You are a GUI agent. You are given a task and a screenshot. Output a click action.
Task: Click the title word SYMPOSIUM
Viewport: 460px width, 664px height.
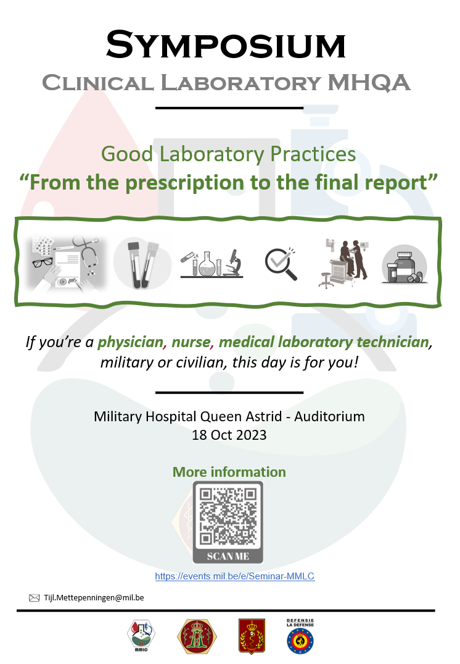coord(226,45)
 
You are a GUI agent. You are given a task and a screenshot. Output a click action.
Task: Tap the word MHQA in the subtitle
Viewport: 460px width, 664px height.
coord(369,83)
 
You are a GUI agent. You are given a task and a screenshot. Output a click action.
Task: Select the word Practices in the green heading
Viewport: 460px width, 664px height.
coord(313,154)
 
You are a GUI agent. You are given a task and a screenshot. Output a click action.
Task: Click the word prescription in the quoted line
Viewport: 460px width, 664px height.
coord(186,183)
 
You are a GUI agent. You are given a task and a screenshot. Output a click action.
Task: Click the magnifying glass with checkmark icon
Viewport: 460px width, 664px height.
coord(281,264)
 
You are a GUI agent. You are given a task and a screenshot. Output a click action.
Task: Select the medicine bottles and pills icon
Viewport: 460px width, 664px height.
coord(404,264)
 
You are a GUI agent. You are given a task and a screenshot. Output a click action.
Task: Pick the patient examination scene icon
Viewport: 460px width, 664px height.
coord(343,263)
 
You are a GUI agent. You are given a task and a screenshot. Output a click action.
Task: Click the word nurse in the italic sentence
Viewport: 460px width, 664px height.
coord(191,342)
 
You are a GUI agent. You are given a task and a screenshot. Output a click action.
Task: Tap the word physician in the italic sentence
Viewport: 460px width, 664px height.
coord(130,342)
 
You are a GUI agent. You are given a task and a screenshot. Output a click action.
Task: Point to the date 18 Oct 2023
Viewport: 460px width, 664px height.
coord(229,435)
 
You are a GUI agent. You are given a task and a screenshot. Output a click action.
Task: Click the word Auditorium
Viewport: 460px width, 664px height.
coord(329,416)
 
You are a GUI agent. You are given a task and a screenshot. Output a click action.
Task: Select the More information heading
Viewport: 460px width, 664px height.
coord(229,472)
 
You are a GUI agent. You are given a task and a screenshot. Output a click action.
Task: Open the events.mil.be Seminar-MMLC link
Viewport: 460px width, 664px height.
coord(235,576)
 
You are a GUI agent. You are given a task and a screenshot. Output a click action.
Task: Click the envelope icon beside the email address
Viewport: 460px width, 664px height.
coord(35,598)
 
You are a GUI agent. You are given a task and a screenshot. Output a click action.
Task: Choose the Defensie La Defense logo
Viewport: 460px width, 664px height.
coord(300,636)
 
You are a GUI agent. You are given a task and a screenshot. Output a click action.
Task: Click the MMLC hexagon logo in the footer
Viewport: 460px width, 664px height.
coord(141,636)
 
